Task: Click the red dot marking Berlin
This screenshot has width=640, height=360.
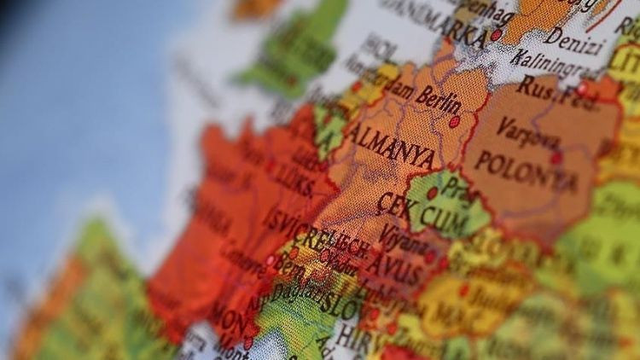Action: [454, 122]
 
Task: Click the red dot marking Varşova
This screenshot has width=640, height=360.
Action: [556, 158]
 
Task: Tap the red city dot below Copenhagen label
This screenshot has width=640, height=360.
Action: [496, 35]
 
